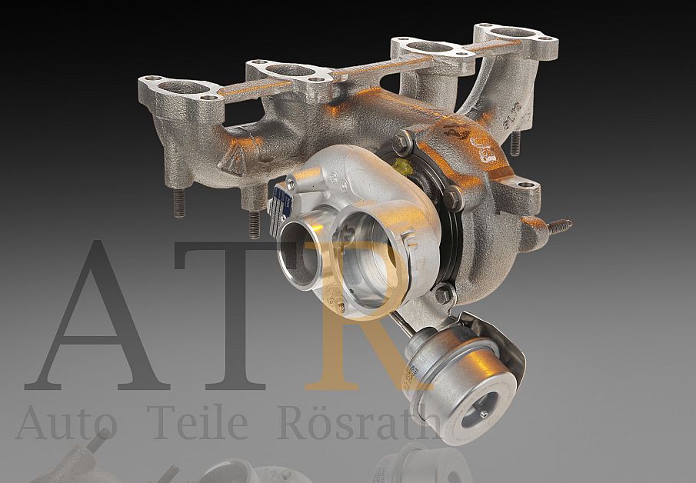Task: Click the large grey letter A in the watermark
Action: [x=96, y=323]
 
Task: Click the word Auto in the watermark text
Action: [x=66, y=422]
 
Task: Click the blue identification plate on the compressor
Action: [x=281, y=205]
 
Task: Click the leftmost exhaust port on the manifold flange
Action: [x=181, y=87]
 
